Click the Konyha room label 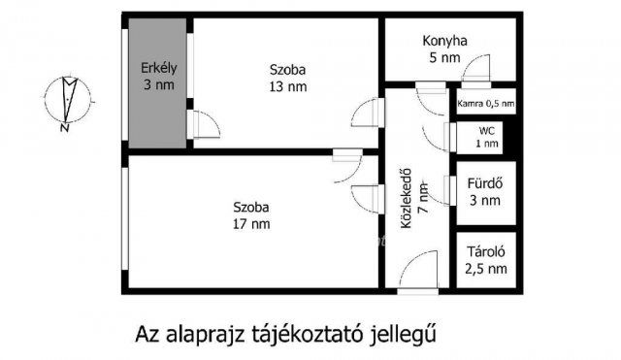point(445,41)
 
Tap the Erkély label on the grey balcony point(157,67)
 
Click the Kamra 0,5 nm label point(485,102)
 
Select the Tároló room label point(484,251)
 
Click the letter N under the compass point(63,127)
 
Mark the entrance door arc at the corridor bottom point(418,271)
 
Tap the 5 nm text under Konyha point(445,57)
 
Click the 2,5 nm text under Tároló point(484,268)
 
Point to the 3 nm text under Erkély point(157,84)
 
